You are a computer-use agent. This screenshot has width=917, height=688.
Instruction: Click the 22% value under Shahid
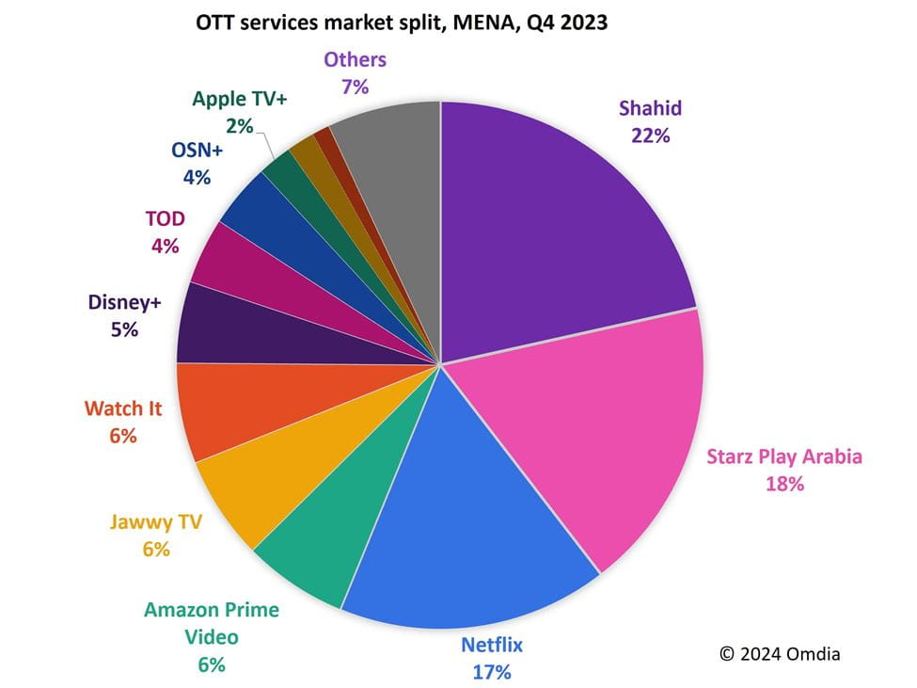click(650, 136)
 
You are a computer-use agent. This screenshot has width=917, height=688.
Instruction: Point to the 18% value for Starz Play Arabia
click(784, 484)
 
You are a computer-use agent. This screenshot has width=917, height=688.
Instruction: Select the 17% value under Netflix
click(492, 672)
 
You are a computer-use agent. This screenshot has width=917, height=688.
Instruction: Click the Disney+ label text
click(126, 303)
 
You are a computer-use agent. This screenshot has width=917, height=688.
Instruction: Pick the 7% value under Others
click(355, 86)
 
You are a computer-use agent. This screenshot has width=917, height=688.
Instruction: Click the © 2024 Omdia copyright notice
click(780, 653)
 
